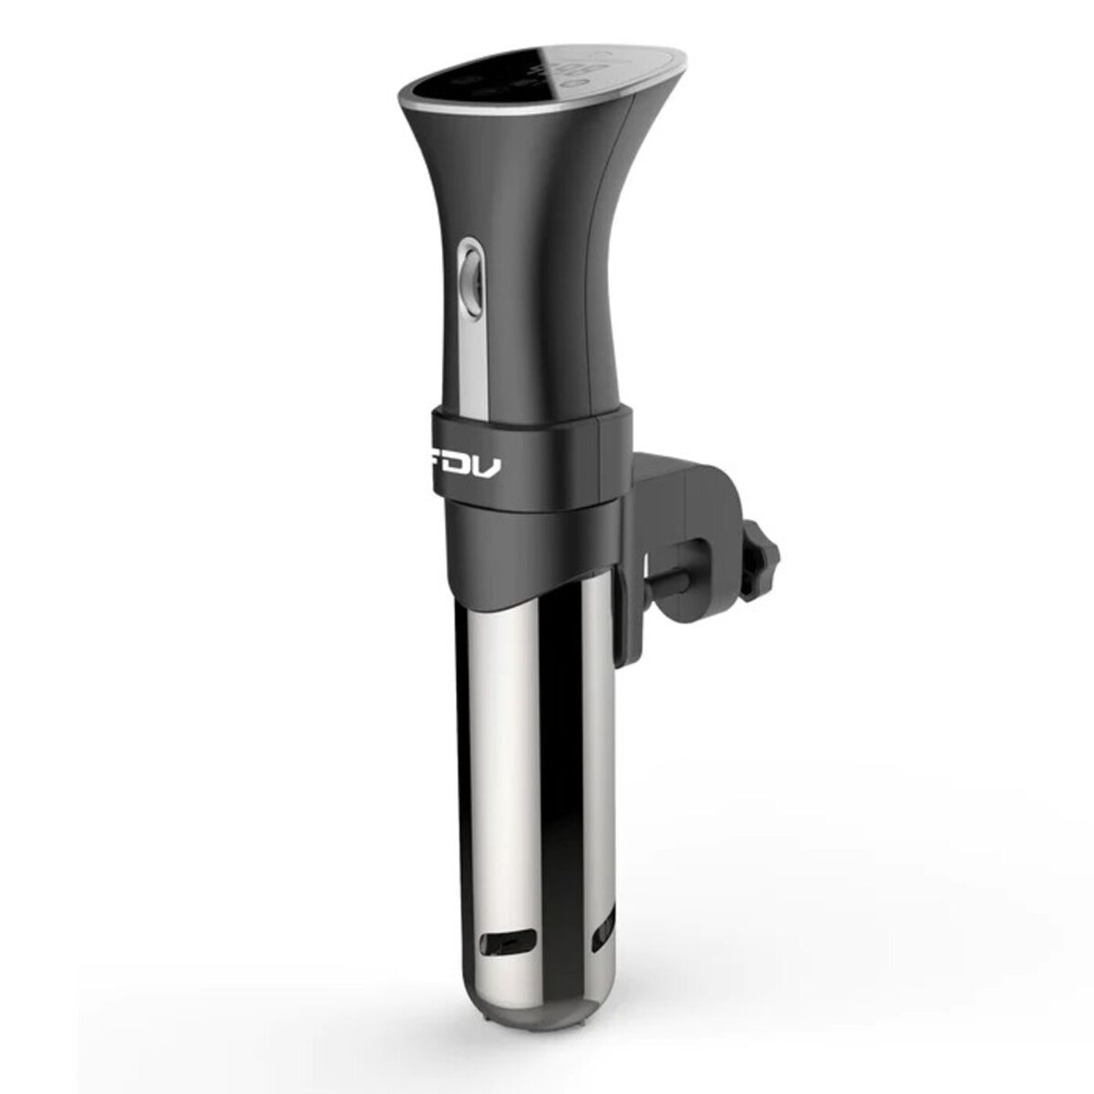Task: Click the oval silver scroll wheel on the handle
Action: tap(470, 273)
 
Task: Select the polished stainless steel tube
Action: tap(538, 775)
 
